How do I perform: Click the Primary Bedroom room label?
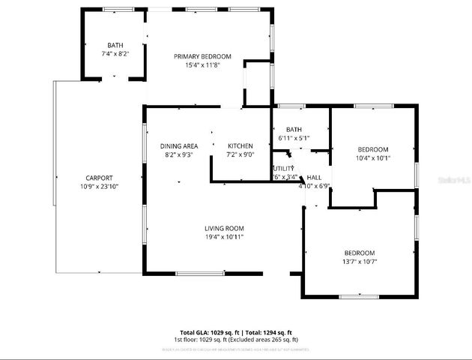202,56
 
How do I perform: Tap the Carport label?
99,178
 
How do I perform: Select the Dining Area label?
178,145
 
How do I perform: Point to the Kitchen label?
240,145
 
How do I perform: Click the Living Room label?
224,229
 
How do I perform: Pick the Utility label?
283,169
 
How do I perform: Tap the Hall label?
314,177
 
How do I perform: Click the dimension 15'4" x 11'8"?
202,65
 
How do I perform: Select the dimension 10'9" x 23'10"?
99,186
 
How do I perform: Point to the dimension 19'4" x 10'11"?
224,237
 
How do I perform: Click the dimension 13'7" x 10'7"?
359,262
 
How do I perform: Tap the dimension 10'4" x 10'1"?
372,157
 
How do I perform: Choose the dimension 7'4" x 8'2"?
115,54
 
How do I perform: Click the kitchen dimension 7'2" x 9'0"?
240,154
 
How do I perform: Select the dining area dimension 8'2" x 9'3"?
178,154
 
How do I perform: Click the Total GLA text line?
235,332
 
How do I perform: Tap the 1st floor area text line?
235,340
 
